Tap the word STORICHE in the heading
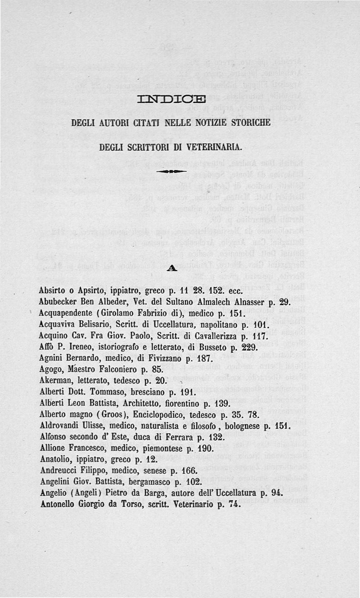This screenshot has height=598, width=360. (249, 122)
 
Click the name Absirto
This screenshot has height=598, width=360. (53, 290)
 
